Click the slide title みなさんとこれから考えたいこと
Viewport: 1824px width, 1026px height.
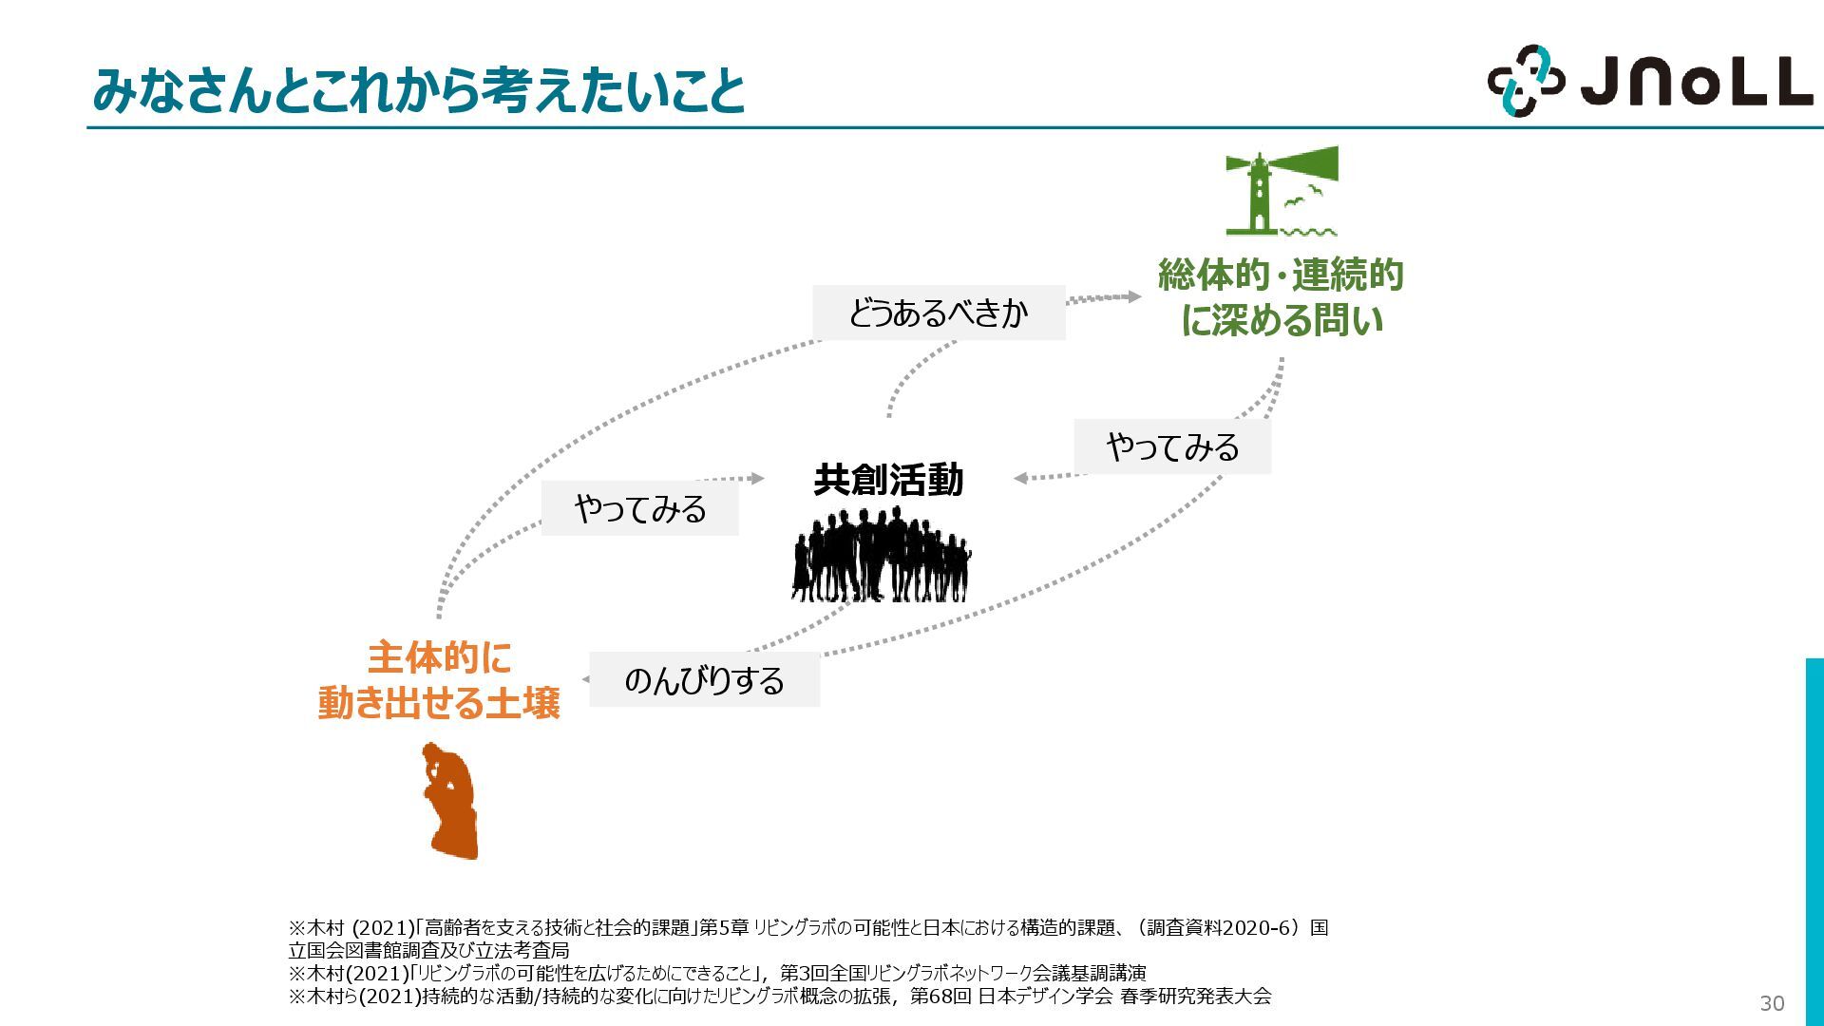(418, 90)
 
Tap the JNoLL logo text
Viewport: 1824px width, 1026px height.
(1696, 82)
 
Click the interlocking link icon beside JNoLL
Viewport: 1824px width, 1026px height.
(1525, 81)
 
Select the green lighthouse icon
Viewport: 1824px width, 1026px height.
(1263, 192)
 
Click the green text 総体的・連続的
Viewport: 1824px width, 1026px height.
(1281, 275)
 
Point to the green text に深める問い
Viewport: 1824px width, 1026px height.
(1281, 321)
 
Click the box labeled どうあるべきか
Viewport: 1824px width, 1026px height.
(938, 313)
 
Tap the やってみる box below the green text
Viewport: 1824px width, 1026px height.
(1172, 446)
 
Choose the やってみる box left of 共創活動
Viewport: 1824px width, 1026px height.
(639, 509)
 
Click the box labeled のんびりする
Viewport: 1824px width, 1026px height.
(704, 680)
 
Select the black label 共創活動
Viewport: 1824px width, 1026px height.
(888, 480)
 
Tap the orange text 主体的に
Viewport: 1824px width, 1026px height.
(439, 657)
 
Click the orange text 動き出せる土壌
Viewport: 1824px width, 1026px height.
(439, 704)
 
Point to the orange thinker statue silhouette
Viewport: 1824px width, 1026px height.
(451, 802)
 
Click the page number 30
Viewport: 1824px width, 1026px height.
(1772, 1003)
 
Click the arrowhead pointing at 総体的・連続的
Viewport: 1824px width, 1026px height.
(1133, 296)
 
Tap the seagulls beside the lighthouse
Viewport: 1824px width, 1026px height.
(1303, 197)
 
